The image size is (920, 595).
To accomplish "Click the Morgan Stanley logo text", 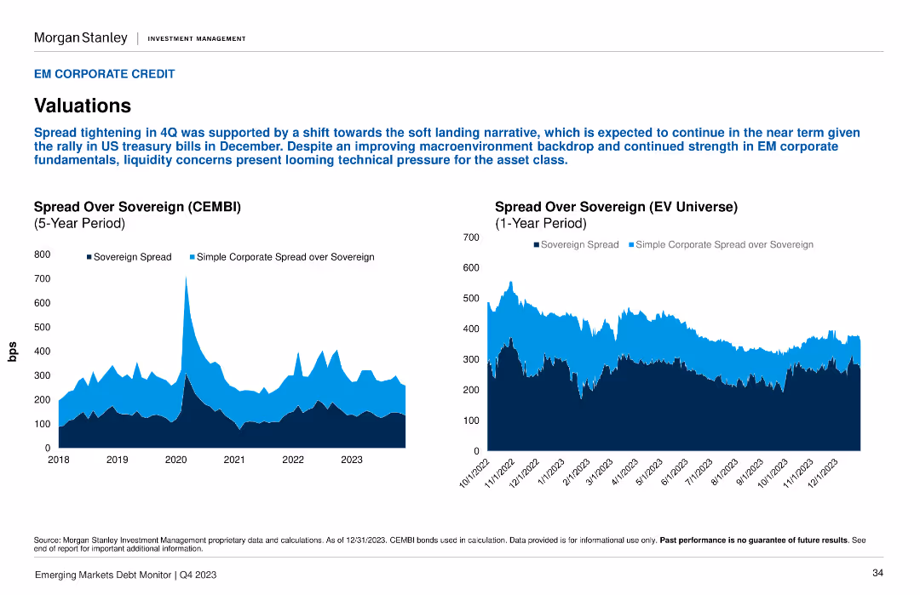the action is tap(80, 38).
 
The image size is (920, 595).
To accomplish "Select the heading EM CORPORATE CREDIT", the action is tap(105, 74).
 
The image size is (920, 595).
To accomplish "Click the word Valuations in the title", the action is tap(82, 106).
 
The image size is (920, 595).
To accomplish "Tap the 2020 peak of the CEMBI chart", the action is tap(186, 277).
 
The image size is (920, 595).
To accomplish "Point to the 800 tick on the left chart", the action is tap(43, 255).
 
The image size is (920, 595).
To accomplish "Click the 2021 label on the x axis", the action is tap(234, 460).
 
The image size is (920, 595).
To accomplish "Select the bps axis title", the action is tap(12, 352).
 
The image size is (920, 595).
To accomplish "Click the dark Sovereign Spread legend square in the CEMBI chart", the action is tap(89, 257).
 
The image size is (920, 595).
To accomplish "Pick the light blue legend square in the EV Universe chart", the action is tap(631, 244).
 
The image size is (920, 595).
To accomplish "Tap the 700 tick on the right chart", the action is tap(471, 237).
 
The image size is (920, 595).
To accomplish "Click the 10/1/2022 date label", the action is tap(474, 473).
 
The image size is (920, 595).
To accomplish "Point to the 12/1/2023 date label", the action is tap(823, 473).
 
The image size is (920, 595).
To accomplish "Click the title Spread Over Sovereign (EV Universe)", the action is tap(616, 207).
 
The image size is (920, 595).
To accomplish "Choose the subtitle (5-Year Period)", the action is tap(79, 223).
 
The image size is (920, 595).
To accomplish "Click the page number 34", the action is tap(877, 573).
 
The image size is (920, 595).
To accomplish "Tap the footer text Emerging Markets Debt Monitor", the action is tap(103, 575).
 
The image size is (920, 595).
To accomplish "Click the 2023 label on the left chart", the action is tap(352, 460).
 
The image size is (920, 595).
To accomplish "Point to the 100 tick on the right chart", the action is tap(471, 421).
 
